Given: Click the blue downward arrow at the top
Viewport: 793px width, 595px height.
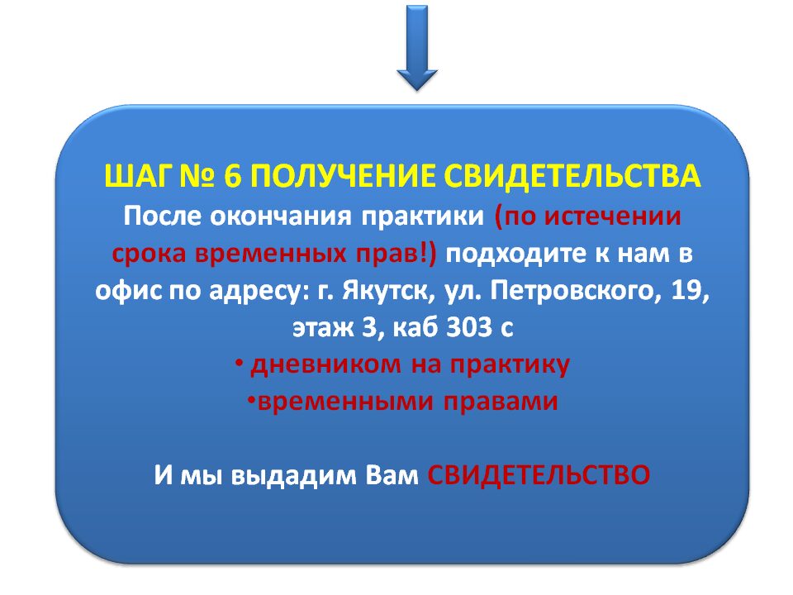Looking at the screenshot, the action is [416, 48].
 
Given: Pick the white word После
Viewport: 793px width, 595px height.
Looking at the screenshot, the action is [161, 216].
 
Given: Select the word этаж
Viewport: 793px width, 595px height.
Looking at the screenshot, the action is [323, 328].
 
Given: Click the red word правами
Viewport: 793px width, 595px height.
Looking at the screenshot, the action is [501, 402].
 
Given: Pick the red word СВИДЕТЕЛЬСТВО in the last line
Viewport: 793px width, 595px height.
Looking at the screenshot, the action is [539, 475].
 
